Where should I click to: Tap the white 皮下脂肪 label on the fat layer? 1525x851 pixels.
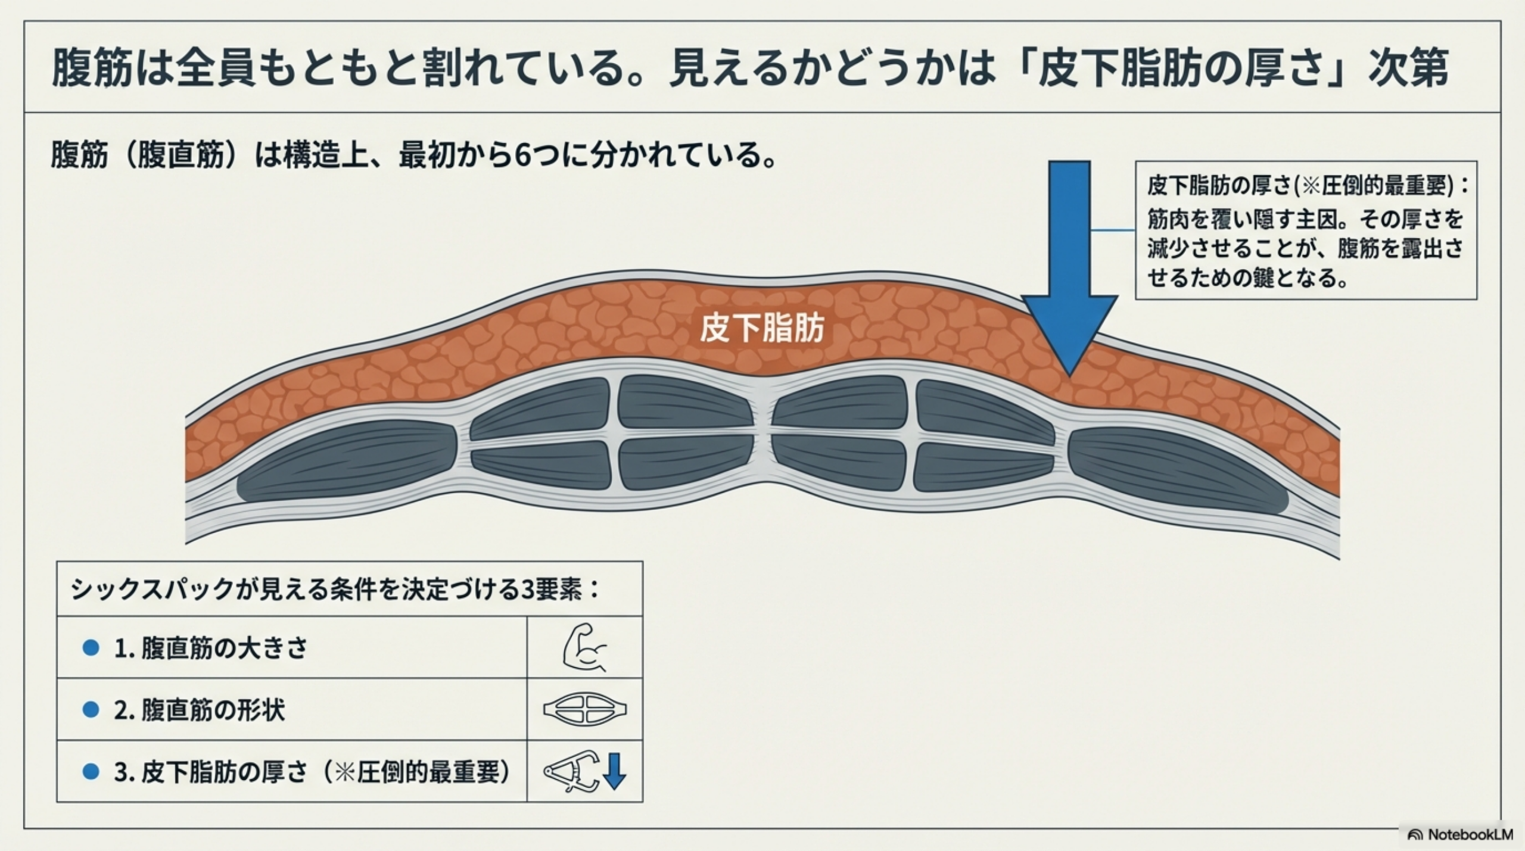(x=762, y=328)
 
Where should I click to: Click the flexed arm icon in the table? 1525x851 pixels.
(x=584, y=647)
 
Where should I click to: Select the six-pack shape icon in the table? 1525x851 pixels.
(x=584, y=709)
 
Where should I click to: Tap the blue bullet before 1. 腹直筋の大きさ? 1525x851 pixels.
(x=91, y=647)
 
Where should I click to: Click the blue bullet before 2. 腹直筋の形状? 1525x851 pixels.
(x=91, y=709)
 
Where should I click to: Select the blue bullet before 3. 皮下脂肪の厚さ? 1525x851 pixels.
(x=91, y=772)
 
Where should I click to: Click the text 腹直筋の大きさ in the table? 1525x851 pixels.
(x=224, y=648)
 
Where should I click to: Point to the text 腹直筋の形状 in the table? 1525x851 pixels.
(x=213, y=710)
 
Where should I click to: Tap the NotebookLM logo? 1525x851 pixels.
(x=1460, y=834)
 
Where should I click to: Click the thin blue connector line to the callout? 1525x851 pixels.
(x=1113, y=230)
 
